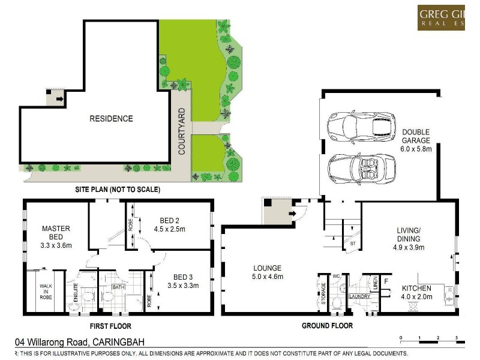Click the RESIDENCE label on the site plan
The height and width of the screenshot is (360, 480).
coord(111,118)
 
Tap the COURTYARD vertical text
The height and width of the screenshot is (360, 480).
coord(181,131)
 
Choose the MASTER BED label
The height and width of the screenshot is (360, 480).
coord(56,236)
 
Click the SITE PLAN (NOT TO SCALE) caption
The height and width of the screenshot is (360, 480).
coord(118,190)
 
